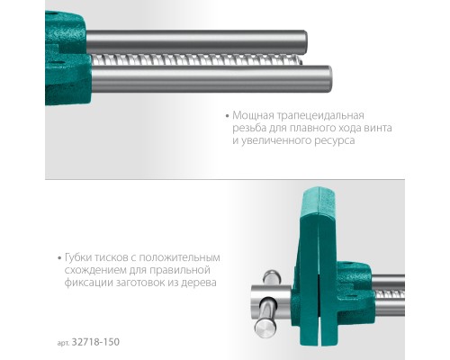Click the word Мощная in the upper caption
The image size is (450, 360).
(255, 116)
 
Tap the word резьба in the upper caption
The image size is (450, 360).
(251, 129)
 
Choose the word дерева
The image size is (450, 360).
(220, 283)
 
